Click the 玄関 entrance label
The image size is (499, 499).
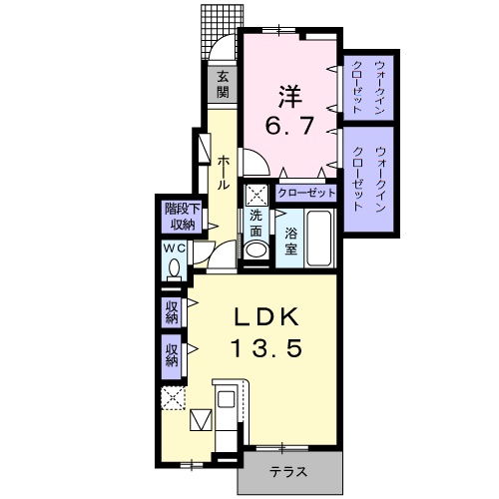point(223,85)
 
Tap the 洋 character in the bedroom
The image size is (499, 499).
point(289,97)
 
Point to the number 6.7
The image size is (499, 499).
point(288,128)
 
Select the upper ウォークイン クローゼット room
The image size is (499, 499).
point(367,84)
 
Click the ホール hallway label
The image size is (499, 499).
point(224,170)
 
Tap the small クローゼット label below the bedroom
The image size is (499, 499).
point(306,193)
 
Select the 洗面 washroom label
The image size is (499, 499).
point(255,223)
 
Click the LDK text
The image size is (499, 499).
point(267,316)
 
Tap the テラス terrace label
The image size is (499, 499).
point(288,473)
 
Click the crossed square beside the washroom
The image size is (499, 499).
point(256,196)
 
